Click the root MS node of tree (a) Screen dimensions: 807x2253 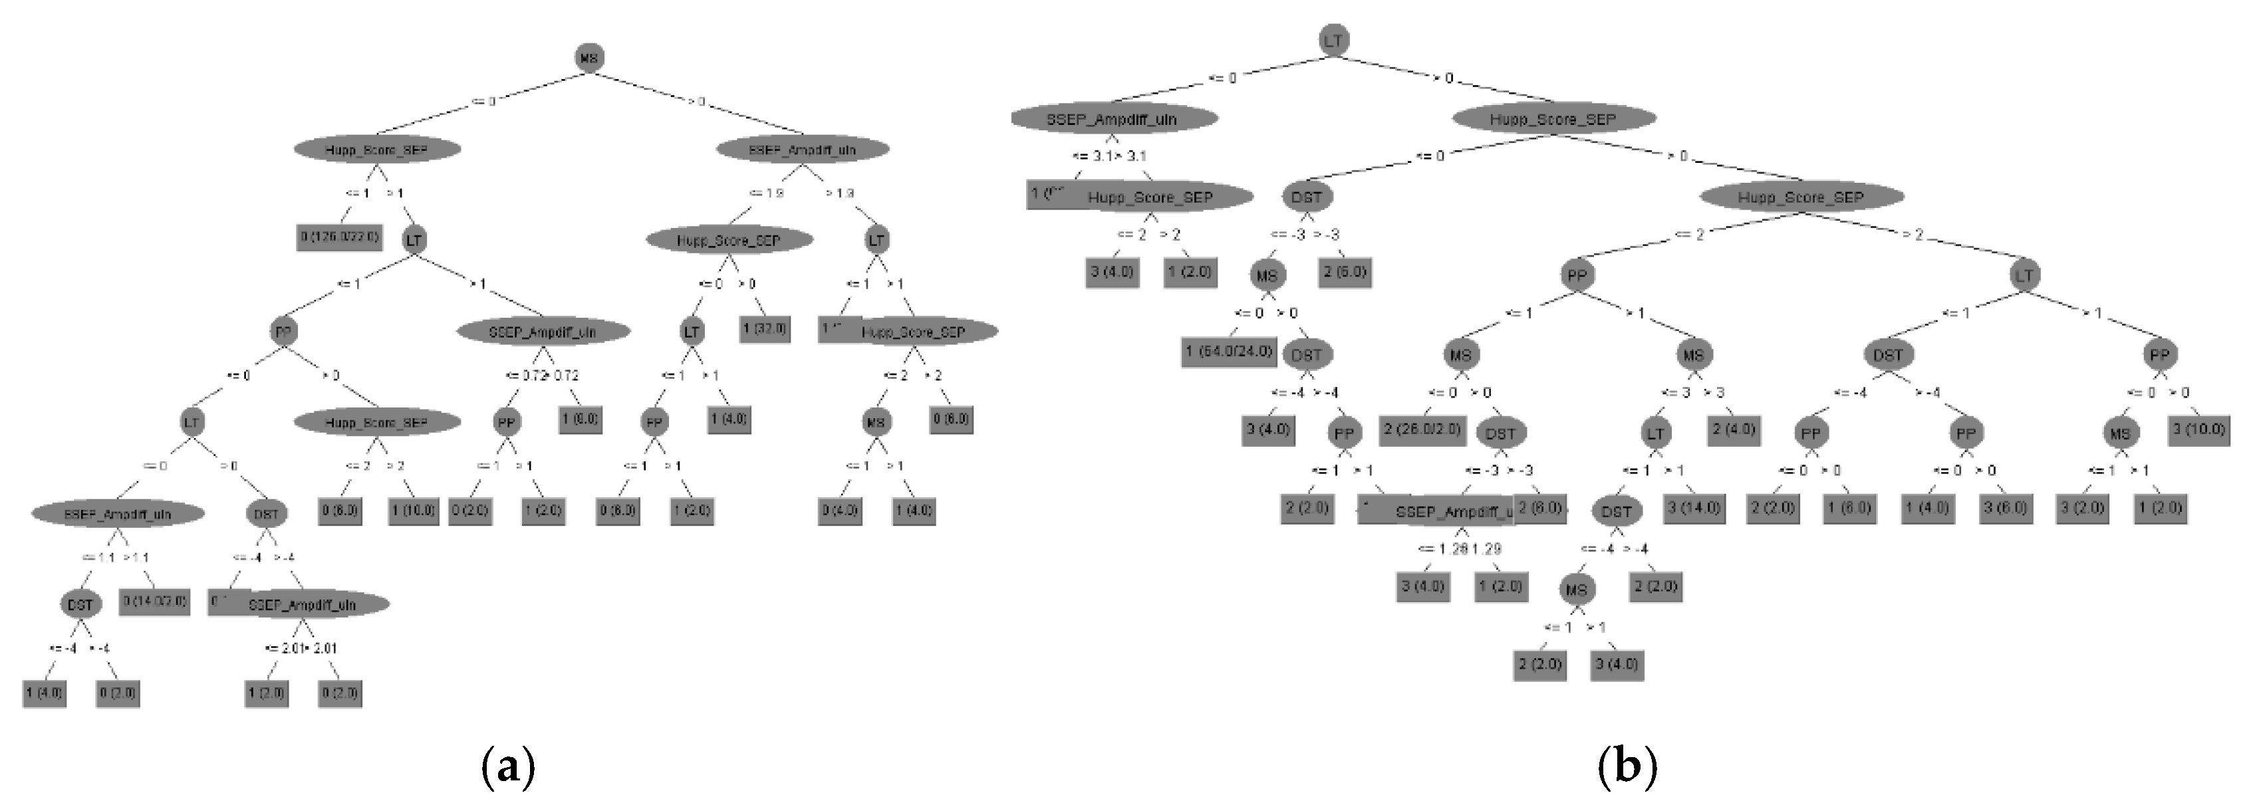click(589, 58)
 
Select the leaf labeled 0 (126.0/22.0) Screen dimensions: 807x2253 click(339, 237)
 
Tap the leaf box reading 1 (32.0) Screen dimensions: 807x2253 click(765, 329)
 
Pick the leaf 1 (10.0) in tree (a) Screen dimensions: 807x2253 click(413, 511)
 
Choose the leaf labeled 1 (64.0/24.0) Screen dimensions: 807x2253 click(1229, 352)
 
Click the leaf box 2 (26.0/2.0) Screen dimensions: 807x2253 click(1422, 429)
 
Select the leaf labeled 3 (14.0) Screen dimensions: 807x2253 click(1694, 507)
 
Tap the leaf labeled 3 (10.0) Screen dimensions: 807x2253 click(2198, 429)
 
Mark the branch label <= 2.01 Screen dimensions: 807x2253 click(283, 649)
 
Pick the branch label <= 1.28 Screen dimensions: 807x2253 click(1436, 549)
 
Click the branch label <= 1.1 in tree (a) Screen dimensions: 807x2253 click(98, 558)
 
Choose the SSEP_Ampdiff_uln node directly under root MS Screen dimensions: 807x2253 click(802, 150)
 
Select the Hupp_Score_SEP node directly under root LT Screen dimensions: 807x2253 click(1553, 119)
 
